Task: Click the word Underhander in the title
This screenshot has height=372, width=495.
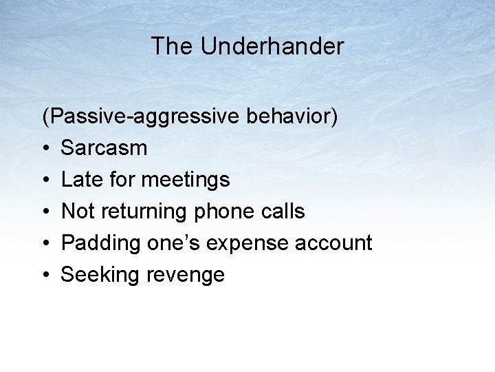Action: [272, 47]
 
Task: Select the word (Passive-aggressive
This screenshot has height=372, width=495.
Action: [138, 117]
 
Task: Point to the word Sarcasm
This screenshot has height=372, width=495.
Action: [104, 148]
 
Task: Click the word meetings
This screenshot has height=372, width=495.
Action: [186, 180]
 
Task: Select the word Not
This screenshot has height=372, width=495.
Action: [78, 211]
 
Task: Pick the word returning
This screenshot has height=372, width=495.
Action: [143, 212]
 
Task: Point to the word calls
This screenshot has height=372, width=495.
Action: [283, 211]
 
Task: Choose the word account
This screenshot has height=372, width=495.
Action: [337, 243]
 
